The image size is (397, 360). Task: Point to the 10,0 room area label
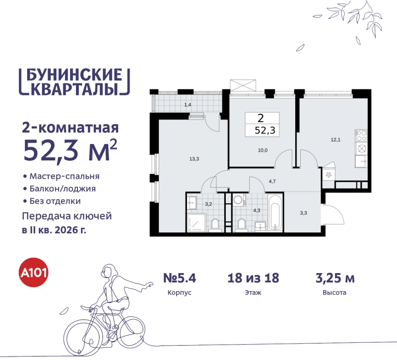(263, 150)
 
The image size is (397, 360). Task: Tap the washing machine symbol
(239, 200)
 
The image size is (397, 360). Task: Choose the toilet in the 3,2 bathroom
(214, 224)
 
